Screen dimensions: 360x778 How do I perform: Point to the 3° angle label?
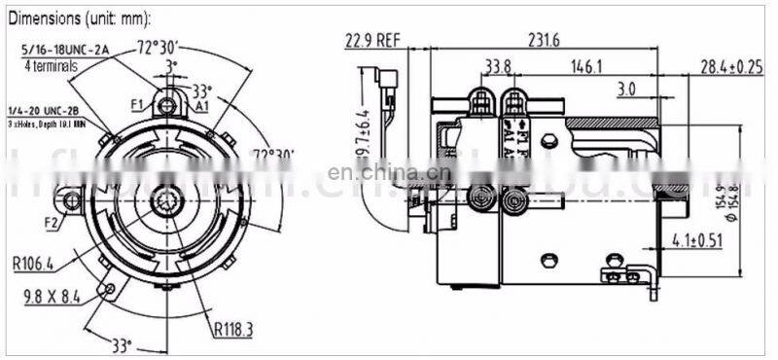[171, 66]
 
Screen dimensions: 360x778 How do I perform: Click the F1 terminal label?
[137, 102]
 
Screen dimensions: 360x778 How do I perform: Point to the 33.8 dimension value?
[497, 66]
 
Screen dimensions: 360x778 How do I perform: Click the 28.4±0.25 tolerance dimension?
[729, 66]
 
